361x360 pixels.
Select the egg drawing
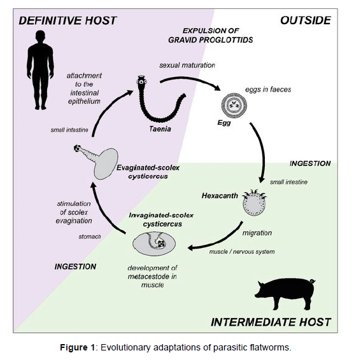234,106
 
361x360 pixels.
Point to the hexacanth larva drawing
255,203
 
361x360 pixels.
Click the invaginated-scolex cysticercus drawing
154,244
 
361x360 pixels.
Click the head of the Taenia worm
141,81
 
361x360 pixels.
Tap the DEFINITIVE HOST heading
67,20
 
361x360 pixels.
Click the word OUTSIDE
306,20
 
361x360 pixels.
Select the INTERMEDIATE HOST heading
271,322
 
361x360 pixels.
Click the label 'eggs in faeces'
268,89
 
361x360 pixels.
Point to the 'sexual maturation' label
187,65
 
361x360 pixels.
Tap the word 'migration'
257,233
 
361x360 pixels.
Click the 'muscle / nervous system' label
242,252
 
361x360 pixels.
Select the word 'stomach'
90,237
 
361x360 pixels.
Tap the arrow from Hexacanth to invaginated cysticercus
219,241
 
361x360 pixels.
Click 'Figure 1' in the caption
78,347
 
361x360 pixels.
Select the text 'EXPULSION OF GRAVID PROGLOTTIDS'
211,35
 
